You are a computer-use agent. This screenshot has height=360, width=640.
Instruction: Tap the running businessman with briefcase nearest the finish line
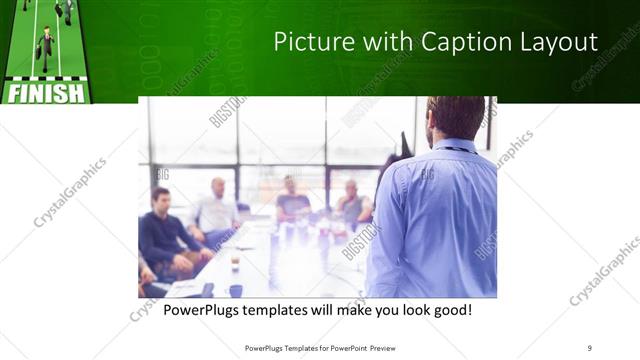coord(45,45)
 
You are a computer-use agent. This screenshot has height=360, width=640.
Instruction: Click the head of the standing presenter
coord(456,118)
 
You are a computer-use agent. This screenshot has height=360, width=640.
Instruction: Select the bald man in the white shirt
coord(215,210)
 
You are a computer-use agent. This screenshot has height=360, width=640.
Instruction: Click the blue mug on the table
coord(236,290)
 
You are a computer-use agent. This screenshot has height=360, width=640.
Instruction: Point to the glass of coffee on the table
coord(234,261)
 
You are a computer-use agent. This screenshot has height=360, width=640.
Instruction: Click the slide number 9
coord(589,347)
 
